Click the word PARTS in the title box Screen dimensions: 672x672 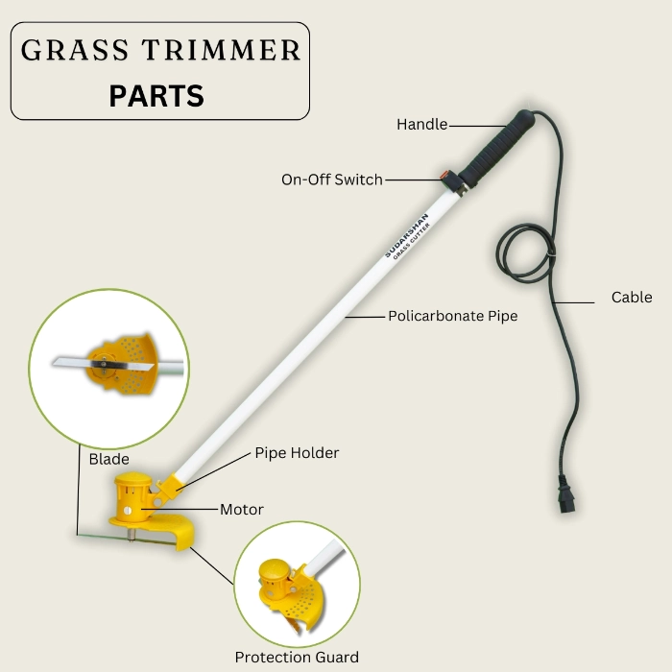(156, 96)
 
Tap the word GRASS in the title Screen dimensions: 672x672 (75, 50)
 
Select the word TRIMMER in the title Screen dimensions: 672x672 (221, 50)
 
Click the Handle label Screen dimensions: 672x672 (421, 124)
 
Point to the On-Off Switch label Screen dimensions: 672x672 (332, 180)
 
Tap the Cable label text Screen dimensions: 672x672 (632, 297)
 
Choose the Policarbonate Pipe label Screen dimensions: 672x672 (452, 316)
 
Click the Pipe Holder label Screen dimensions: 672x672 (297, 452)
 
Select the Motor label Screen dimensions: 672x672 (242, 509)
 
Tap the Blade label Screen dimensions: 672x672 (108, 459)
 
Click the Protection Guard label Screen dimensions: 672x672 (297, 657)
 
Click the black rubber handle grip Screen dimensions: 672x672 (497, 148)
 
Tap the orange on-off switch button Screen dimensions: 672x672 (444, 175)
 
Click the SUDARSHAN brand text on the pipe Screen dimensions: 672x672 (406, 235)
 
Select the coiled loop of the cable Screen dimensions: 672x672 (525, 253)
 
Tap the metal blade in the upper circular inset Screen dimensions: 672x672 (103, 364)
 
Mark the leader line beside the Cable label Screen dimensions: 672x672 (573, 302)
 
